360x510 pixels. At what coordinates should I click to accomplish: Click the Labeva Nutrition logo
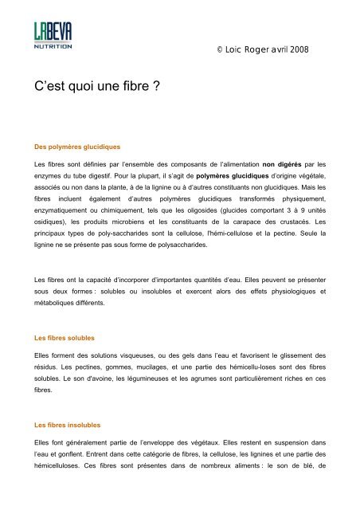[53, 37]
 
